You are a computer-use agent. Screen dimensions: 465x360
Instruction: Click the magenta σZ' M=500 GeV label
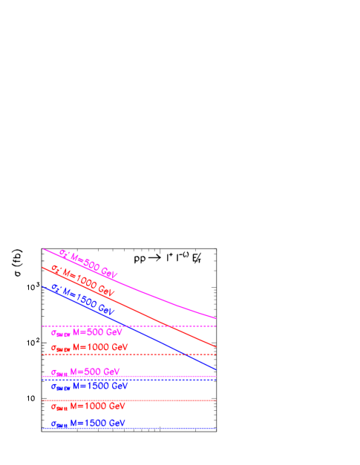[89, 264]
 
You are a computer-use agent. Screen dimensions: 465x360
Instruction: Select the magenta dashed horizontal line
[186, 326]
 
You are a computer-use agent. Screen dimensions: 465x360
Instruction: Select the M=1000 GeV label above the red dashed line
[89, 347]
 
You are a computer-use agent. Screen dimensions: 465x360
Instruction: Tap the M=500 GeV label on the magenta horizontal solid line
[85, 372]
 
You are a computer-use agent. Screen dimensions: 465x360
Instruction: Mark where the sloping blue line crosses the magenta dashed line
[128, 326]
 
